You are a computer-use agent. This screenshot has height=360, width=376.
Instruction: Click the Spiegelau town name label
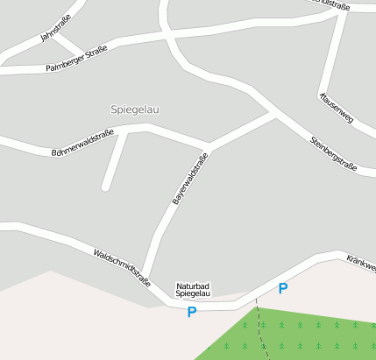tap(135, 109)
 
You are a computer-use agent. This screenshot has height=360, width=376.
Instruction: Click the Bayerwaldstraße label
tap(190, 180)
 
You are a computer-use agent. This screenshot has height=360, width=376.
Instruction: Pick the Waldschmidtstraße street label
tap(122, 268)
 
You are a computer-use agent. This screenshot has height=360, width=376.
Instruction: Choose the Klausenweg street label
tap(337, 106)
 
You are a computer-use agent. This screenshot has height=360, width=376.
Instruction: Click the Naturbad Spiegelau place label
tap(193, 290)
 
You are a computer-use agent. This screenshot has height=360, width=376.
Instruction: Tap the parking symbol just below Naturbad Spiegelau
tap(191, 311)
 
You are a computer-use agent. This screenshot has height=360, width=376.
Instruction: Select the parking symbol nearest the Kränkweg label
tap(282, 288)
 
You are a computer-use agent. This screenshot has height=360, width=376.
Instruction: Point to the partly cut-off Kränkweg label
tap(360, 263)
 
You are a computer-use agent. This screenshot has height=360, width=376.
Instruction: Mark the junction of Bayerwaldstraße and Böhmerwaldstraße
tap(209, 144)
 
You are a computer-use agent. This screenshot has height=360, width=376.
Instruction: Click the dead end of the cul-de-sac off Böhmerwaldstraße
tap(105, 186)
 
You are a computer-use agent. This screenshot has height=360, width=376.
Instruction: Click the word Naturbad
tap(193, 286)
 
